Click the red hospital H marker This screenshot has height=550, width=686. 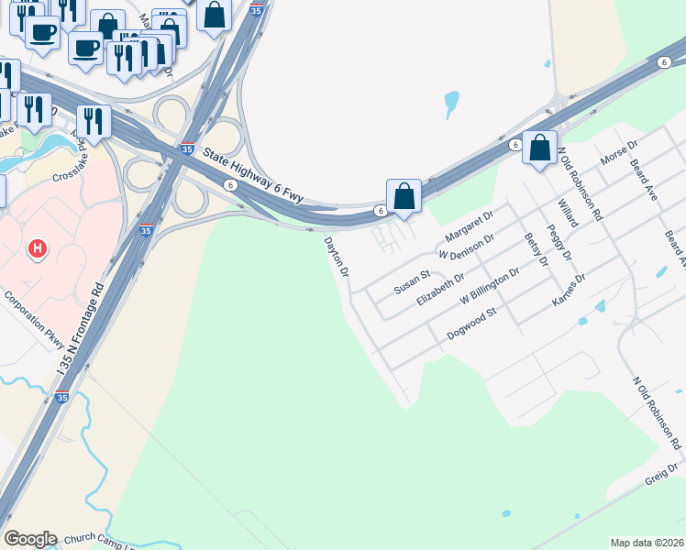37,248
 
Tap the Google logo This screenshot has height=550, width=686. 30,538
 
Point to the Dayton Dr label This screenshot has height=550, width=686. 337,258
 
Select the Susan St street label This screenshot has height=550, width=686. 412,281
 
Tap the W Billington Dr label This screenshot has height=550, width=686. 490,285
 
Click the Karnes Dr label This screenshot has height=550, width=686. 569,290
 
